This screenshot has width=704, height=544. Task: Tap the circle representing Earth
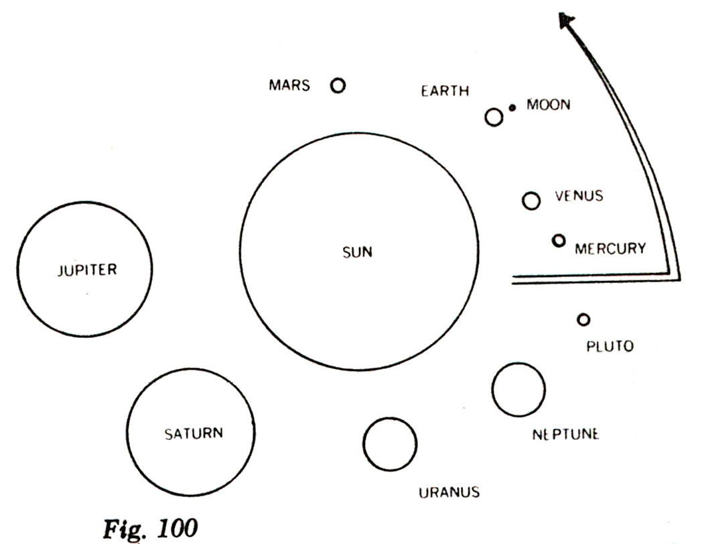494,117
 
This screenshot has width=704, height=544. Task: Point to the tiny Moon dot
512,107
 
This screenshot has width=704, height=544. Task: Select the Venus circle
531,201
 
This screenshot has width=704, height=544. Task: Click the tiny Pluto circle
583,320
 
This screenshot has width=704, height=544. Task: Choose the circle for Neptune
518,390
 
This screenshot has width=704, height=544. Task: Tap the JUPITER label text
86,270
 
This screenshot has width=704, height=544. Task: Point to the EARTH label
445,91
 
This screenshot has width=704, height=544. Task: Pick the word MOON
547,105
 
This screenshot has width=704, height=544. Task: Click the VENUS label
579,197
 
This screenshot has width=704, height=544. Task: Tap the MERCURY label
610,249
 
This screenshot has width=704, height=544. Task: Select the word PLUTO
610,347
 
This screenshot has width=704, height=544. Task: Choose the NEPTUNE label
565,434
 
